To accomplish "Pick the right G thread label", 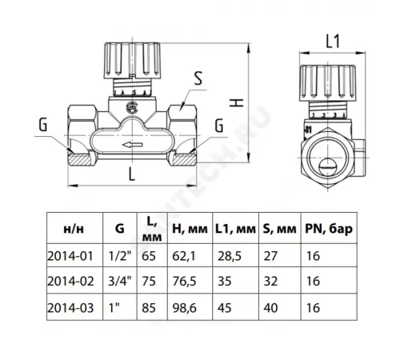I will [x=218, y=125].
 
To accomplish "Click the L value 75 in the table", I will [x=147, y=281].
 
